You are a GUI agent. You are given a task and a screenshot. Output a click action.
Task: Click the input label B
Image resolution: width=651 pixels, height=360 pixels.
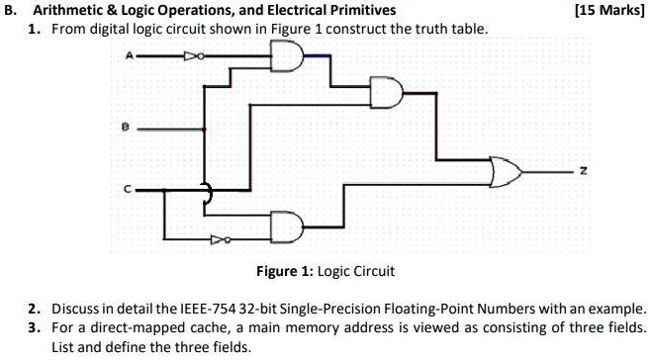126,127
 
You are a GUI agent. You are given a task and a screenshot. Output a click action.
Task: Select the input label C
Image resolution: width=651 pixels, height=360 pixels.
126,189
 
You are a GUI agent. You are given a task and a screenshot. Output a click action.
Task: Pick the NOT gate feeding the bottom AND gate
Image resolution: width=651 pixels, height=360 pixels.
228,237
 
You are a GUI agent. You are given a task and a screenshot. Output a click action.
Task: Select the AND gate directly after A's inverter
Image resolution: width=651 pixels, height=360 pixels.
286,61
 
